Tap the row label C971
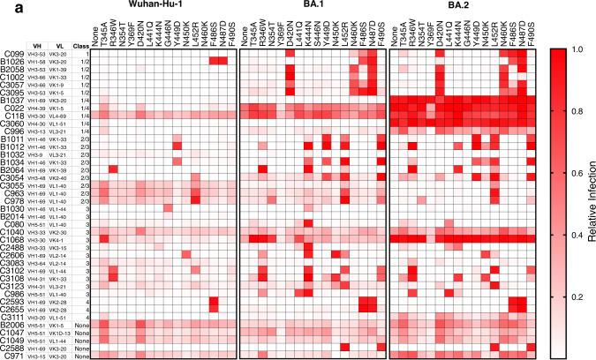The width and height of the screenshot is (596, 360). pyautogui.click(x=12, y=355)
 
